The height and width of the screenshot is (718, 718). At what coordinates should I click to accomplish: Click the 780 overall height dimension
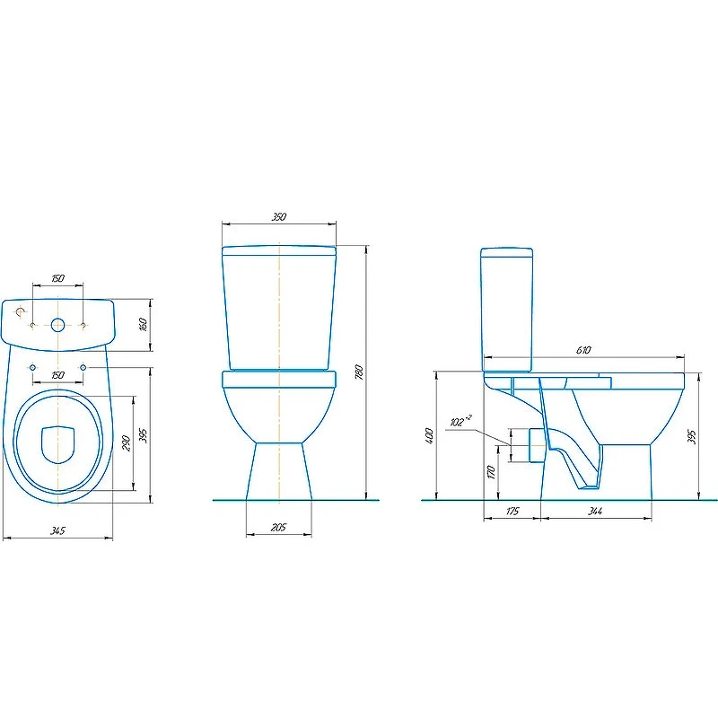click(x=360, y=372)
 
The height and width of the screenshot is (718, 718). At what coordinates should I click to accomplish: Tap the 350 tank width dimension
click(x=279, y=216)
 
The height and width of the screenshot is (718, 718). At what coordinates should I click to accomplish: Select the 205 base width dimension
click(x=278, y=528)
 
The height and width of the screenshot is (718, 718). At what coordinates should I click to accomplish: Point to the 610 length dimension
click(x=583, y=350)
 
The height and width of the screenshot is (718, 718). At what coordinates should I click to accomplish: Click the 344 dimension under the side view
click(x=595, y=511)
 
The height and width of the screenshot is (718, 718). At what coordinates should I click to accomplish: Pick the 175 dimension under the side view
click(x=512, y=511)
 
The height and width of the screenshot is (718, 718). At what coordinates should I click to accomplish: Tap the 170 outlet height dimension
click(x=491, y=472)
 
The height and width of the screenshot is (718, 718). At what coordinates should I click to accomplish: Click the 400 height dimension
click(x=429, y=437)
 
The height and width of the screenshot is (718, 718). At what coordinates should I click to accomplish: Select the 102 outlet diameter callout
click(x=460, y=420)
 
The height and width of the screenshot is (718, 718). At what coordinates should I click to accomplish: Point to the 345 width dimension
click(x=57, y=530)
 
